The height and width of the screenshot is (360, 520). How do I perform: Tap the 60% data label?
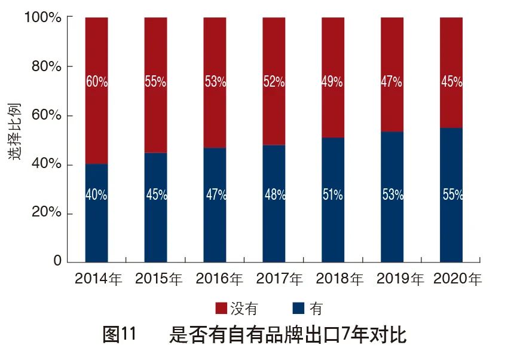97,83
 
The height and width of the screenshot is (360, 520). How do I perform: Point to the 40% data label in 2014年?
96,195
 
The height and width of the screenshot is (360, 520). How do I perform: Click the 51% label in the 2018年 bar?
333,195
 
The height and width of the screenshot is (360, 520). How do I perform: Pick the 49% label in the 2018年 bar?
333,83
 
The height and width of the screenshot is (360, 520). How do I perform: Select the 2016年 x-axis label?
219,279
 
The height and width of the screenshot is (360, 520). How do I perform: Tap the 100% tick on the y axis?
42,18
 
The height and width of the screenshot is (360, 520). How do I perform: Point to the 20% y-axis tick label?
46,213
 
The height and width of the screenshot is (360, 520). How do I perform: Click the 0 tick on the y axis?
57,261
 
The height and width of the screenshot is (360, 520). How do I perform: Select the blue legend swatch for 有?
299,309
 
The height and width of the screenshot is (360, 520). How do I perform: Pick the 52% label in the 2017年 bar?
274,83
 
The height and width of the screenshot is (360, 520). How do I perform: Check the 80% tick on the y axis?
46,67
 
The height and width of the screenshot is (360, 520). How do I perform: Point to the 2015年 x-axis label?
159,279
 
